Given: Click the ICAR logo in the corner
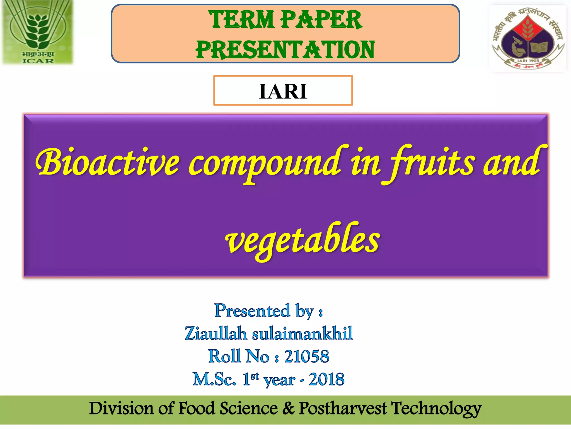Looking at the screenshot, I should (x=38, y=32).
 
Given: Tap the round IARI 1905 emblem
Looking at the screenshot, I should (x=528, y=39).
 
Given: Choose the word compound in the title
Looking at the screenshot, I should (x=265, y=165).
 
